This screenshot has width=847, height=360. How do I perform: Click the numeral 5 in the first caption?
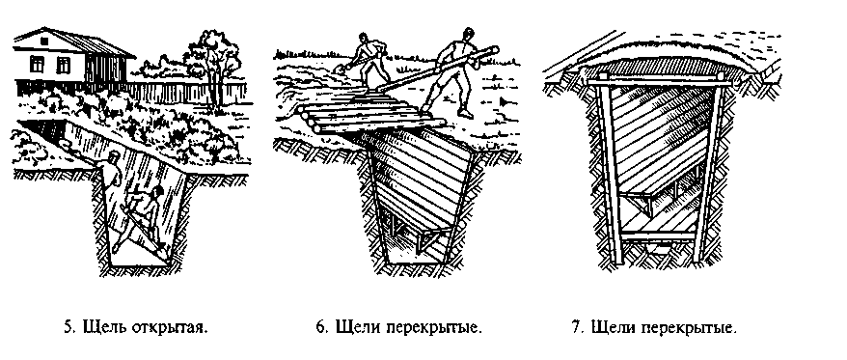point(68,327)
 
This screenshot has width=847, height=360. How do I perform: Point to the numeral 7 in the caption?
point(576,327)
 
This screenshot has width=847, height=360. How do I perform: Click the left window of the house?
point(37,65)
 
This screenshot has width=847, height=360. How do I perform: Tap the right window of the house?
point(64,65)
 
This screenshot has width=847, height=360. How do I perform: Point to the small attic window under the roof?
point(44,42)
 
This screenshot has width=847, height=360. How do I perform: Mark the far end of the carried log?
point(494,50)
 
